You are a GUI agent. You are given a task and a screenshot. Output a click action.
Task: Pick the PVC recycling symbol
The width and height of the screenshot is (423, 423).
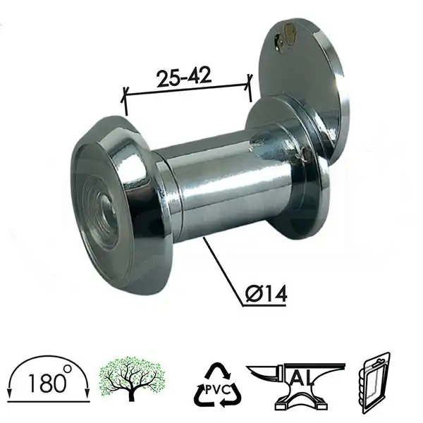click(x=216, y=387)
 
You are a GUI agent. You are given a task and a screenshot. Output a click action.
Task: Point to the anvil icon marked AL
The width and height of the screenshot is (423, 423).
click(x=297, y=384)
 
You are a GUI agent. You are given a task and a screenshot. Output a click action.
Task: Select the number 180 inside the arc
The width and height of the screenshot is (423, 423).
click(x=44, y=385)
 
